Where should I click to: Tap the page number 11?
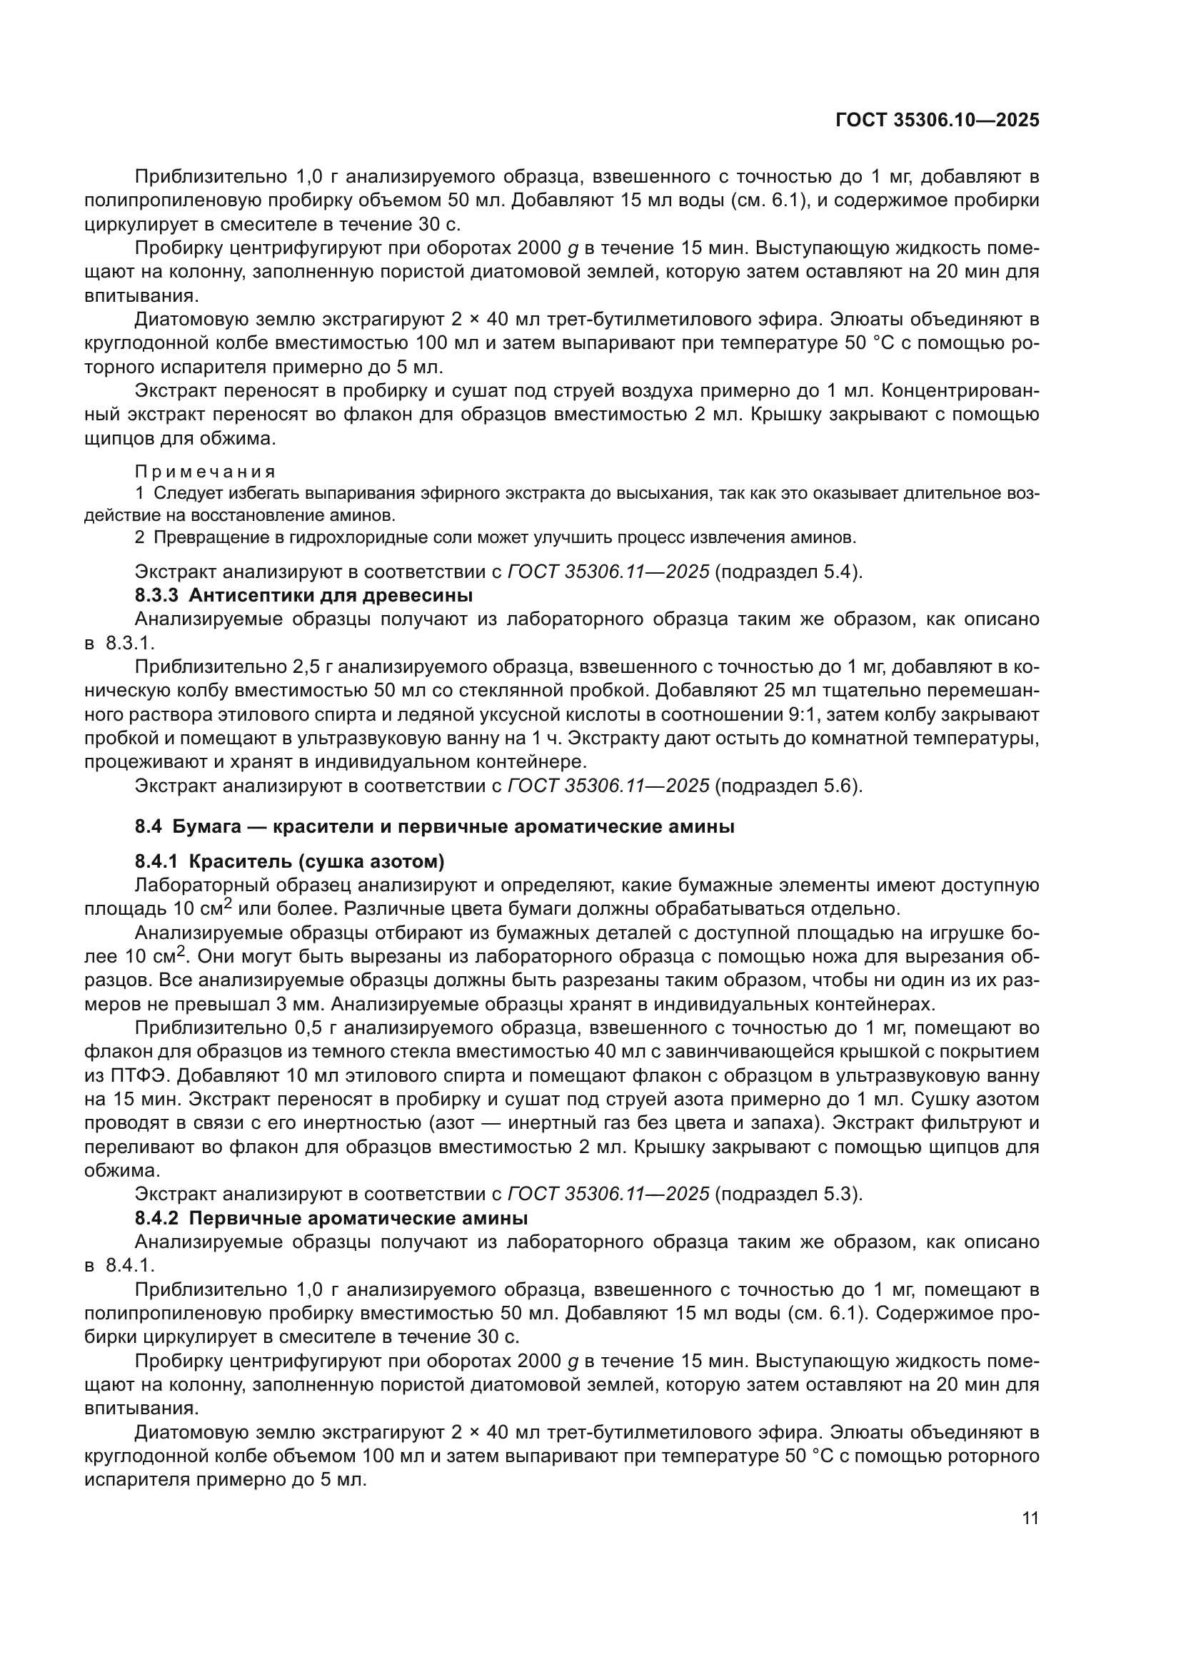[1030, 1518]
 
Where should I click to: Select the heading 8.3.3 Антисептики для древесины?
[303, 595]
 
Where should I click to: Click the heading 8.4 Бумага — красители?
[434, 826]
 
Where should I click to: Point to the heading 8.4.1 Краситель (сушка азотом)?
[288, 862]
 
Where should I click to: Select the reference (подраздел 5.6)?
[788, 786]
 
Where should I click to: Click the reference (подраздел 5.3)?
[788, 1194]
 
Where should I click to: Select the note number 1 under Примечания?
[140, 494]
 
